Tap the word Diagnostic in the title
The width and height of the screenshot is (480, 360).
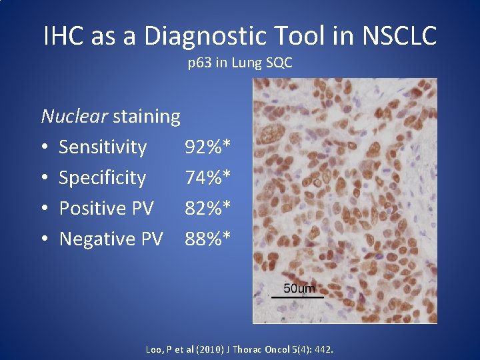pos(194,35)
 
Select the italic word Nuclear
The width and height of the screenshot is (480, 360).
pos(74,117)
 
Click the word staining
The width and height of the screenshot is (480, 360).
pos(147,117)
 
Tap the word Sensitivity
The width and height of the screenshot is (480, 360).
pos(103,147)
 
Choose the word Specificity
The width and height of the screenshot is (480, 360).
pos(102,178)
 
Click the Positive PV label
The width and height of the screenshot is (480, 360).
pos(106,208)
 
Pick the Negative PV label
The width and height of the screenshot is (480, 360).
pos(111,239)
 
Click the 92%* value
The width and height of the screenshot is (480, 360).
pos(208,147)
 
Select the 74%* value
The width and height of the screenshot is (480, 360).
pos(208,178)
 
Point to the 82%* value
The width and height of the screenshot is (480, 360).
pos(208,208)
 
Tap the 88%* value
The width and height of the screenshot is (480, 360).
pos(208,239)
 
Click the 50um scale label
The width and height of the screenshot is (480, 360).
pos(299,288)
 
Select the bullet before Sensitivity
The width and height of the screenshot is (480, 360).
pos(44,147)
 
